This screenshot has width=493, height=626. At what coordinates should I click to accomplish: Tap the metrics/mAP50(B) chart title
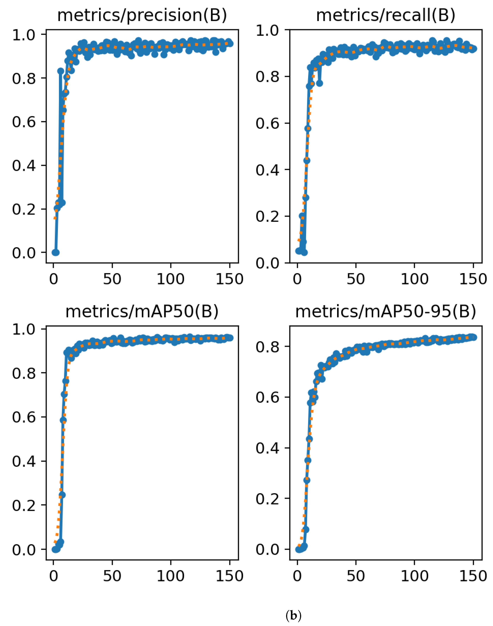(x=142, y=312)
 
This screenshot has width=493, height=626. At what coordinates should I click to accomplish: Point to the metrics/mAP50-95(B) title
(x=386, y=312)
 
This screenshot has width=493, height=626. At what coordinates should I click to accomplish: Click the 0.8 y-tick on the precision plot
(x=24, y=78)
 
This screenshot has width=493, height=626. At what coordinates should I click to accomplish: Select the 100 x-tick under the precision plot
(x=170, y=279)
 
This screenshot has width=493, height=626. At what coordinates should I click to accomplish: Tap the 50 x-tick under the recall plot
(x=356, y=279)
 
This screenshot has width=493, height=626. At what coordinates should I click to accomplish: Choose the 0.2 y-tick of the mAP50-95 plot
(x=268, y=499)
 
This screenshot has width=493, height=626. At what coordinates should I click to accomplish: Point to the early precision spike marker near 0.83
(x=60, y=71)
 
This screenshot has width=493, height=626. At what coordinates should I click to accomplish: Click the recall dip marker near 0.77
(x=319, y=83)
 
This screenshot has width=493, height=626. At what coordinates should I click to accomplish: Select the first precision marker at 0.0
(x=54, y=252)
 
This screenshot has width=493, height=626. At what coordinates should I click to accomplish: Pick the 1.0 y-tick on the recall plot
(x=268, y=31)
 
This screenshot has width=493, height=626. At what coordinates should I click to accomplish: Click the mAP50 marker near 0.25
(x=62, y=495)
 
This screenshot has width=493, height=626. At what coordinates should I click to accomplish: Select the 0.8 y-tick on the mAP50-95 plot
(x=268, y=346)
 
